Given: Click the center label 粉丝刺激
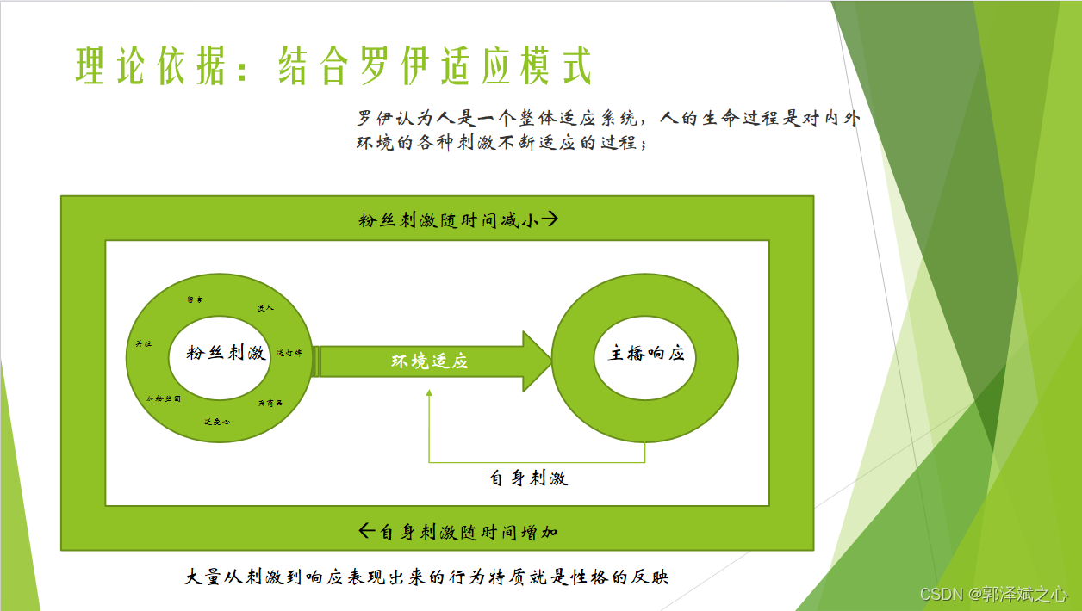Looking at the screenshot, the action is pos(226,353).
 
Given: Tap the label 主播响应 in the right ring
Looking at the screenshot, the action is pos(646,354).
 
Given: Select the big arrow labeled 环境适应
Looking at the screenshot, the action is pos(431,361).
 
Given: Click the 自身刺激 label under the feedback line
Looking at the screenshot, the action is pos(528,478).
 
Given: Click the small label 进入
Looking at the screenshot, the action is pos(265,308).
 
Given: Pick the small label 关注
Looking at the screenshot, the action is pos(144,344).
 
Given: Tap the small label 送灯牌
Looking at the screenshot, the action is pos(288,353).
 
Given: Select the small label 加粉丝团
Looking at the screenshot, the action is pos(163,399).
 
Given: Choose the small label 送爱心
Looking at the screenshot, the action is pos(216,422).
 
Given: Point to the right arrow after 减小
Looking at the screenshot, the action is pos(550,219).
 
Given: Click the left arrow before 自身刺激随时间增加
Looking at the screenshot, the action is pos(367,531).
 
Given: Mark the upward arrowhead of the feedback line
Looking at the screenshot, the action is pos(429,393).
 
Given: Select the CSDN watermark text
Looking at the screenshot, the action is pos(993,595).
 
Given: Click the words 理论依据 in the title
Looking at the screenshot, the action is pos(154,66).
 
